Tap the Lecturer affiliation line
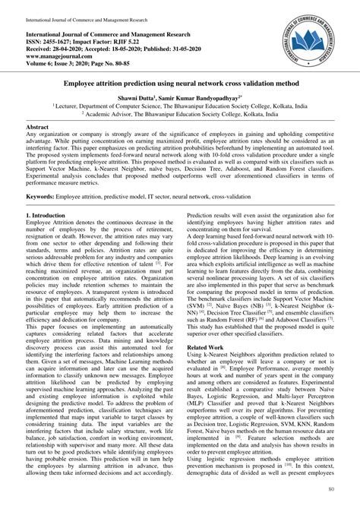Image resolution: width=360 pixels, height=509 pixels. pyautogui.click(x=179, y=108)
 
